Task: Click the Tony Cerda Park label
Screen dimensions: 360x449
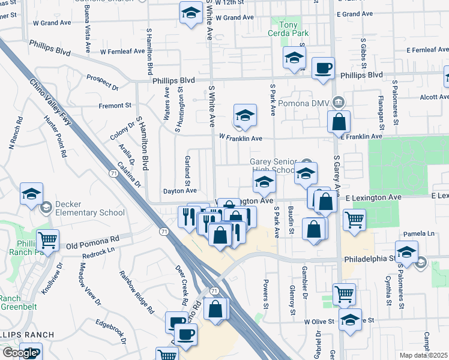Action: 289,29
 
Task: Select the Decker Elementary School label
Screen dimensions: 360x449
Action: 89,208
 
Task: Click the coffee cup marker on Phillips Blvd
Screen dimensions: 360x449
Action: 324,69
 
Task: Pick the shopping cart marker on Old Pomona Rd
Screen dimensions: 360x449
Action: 47,240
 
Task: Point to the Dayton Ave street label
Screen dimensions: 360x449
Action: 180,191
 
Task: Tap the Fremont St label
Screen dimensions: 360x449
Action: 115,106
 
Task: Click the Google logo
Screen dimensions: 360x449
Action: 19,353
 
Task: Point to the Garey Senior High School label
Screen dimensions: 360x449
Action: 274,166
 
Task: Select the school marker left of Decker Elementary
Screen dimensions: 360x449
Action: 31,193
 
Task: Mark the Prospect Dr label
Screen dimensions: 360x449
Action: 102,82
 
